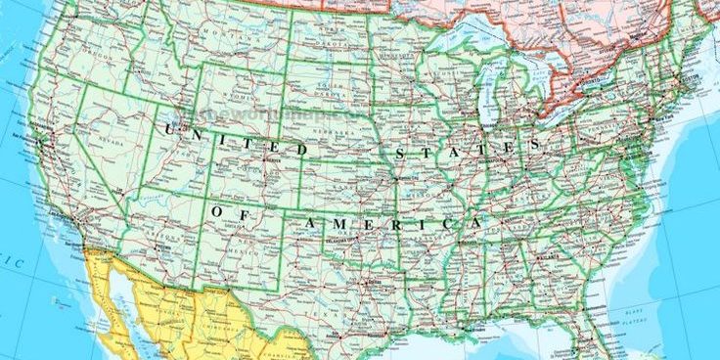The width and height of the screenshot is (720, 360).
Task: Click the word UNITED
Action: pyautogui.click(x=235, y=139)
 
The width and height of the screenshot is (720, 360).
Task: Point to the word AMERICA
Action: pyautogui.click(x=391, y=225)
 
